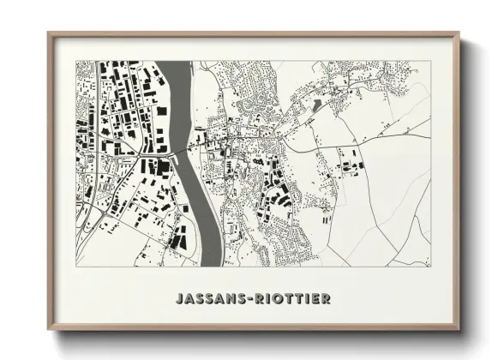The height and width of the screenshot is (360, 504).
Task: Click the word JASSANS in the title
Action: coord(207,299)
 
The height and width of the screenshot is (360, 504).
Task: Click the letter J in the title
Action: coord(178,299)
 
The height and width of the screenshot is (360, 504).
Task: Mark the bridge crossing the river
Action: coord(181,152)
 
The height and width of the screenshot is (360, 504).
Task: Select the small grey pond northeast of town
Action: coord(318,104)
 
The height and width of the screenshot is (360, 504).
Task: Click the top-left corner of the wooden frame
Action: coord(49,33)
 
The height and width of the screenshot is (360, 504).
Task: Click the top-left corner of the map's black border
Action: coord(76,61)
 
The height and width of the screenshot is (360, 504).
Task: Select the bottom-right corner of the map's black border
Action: coord(430,267)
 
